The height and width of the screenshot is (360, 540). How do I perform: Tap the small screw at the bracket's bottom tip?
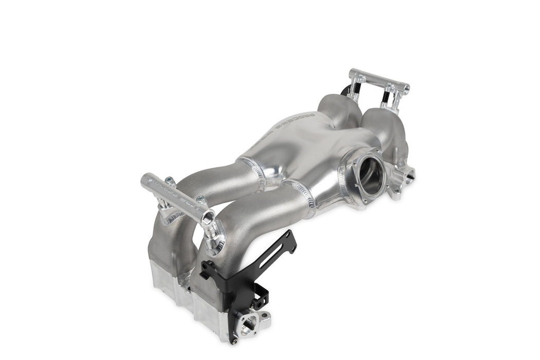tap(234, 341)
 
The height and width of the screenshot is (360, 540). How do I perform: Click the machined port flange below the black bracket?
tap(256, 321)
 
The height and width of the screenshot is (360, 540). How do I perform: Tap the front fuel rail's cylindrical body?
tap(175, 193)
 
